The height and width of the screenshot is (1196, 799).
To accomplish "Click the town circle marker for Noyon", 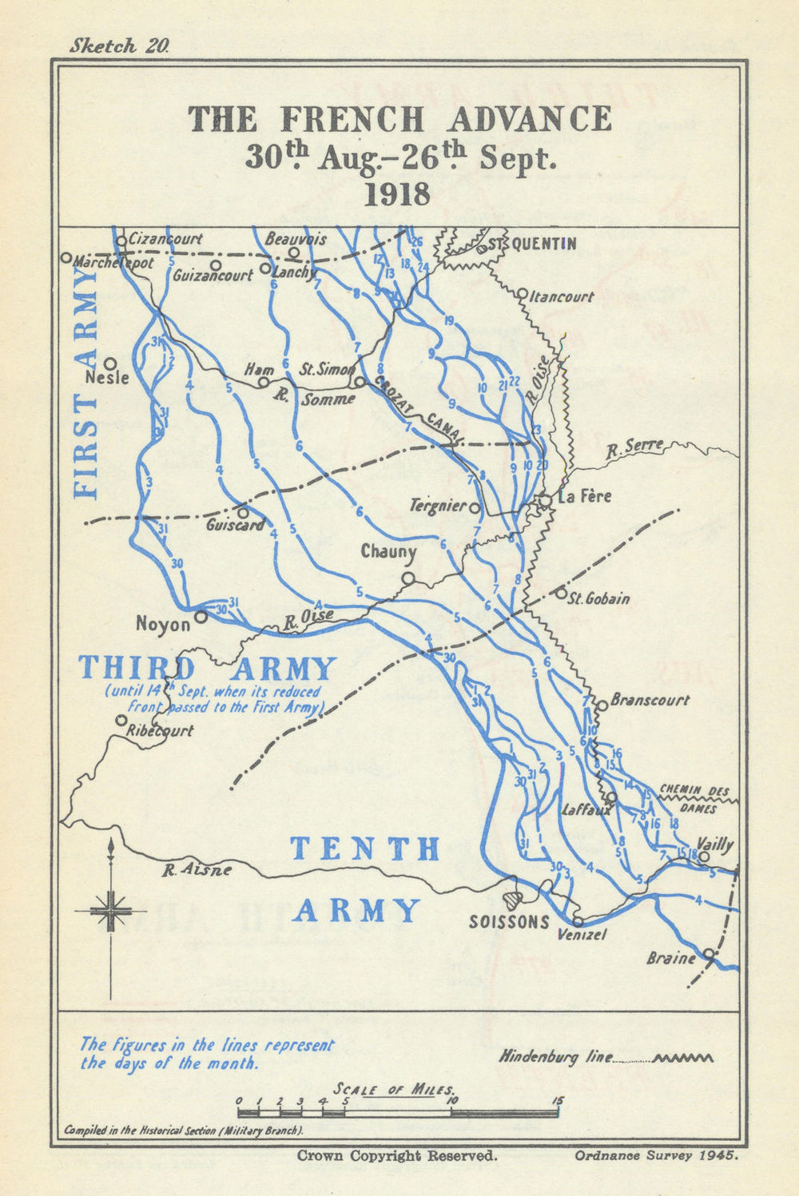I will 201,617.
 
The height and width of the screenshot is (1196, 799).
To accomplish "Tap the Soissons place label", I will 509,921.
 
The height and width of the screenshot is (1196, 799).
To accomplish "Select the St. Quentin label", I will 532,244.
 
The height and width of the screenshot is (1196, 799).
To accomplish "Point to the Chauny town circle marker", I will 408,578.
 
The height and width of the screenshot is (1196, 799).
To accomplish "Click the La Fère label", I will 584,496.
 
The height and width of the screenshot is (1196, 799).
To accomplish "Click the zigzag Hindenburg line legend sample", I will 683,1058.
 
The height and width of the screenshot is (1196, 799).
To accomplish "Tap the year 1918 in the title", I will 397,194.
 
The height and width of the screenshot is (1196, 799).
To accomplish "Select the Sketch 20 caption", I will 119,46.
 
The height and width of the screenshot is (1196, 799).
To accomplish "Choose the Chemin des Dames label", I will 694,798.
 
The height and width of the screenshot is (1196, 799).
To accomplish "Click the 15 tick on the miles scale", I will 557,1102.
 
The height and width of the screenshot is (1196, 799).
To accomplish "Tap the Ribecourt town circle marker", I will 121,720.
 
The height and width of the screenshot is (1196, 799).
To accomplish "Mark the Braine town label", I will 671,958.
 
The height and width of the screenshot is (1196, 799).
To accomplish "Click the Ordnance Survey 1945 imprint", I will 654,1155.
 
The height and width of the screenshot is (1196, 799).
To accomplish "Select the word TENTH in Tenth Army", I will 365,848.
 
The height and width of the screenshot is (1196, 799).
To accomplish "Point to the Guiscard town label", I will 235,525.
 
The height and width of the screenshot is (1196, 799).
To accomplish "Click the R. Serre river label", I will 634,447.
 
